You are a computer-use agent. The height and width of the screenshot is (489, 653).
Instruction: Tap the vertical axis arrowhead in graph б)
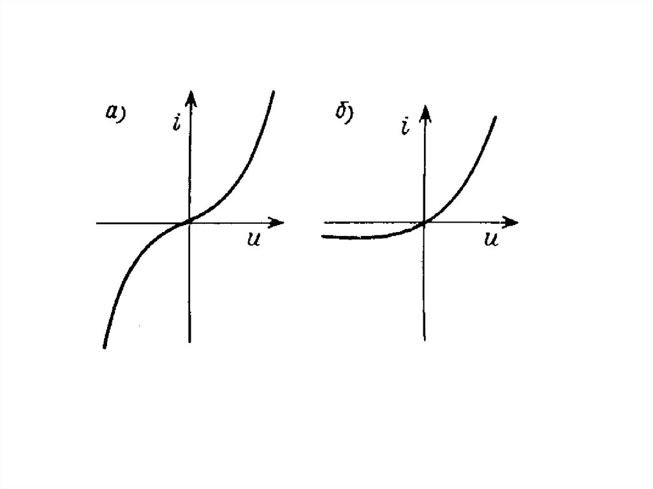tap(423, 115)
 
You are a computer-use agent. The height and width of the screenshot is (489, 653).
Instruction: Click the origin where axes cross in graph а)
tap(189, 223)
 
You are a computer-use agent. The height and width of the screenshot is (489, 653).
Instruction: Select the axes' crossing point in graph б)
tap(423, 223)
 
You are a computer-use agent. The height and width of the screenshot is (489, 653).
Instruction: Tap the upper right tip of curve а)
tap(273, 92)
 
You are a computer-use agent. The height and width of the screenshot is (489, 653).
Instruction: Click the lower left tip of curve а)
tap(104, 347)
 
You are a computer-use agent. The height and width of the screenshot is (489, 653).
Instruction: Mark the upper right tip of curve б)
tap(495, 117)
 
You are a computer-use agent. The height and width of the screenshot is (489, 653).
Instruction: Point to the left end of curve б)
tap(323, 237)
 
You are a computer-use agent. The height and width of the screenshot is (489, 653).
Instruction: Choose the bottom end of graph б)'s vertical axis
tap(423, 339)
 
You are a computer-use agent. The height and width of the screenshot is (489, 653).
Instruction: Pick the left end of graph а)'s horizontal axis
tap(97, 223)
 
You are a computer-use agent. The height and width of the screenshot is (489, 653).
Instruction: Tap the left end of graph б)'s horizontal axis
tap(325, 223)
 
